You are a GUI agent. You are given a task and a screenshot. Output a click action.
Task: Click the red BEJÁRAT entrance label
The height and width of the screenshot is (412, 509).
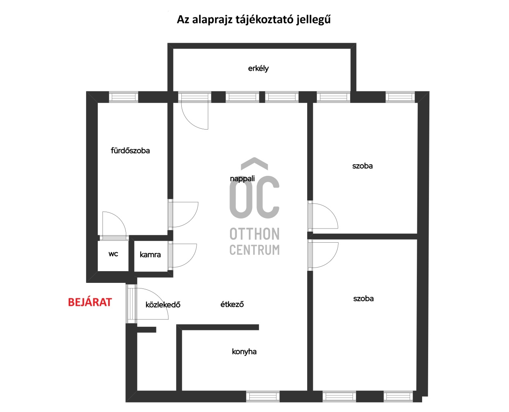pyautogui.click(x=90, y=302)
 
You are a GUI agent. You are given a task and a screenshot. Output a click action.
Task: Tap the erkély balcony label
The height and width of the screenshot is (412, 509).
pyautogui.click(x=259, y=69)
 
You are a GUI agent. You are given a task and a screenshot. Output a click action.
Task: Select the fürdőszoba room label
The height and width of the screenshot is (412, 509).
pyautogui.click(x=130, y=150)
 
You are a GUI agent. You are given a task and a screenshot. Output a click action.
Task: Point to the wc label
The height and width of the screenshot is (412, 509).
pyautogui.click(x=113, y=254)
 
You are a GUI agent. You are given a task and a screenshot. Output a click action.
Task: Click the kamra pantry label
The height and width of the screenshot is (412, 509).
pyautogui.click(x=150, y=255)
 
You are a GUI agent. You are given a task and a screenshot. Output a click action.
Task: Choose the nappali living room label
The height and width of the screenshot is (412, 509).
pyautogui.click(x=242, y=179)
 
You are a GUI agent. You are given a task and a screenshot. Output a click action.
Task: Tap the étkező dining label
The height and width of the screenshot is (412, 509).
pyautogui.click(x=232, y=304)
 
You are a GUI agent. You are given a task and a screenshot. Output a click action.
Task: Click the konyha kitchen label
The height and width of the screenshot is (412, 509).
pyautogui.click(x=244, y=352)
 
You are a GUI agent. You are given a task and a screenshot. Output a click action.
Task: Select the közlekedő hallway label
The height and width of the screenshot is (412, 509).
pyautogui.click(x=163, y=305)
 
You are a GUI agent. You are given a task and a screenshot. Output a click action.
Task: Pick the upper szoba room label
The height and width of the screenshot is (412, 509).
pyautogui.click(x=362, y=166)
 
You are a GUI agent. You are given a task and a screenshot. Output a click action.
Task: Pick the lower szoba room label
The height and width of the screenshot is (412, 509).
pyautogui.click(x=363, y=299)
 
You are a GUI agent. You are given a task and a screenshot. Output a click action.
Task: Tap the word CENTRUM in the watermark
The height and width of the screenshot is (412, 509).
pyautogui.click(x=255, y=249)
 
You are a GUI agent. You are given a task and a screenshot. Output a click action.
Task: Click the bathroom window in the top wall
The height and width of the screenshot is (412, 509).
pyautogui.click(x=124, y=97)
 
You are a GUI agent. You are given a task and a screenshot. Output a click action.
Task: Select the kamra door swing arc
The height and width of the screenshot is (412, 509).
pyautogui.click(x=191, y=260)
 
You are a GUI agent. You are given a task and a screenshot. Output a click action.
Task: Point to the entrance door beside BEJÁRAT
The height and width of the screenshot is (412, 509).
pyautogui.click(x=131, y=304)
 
